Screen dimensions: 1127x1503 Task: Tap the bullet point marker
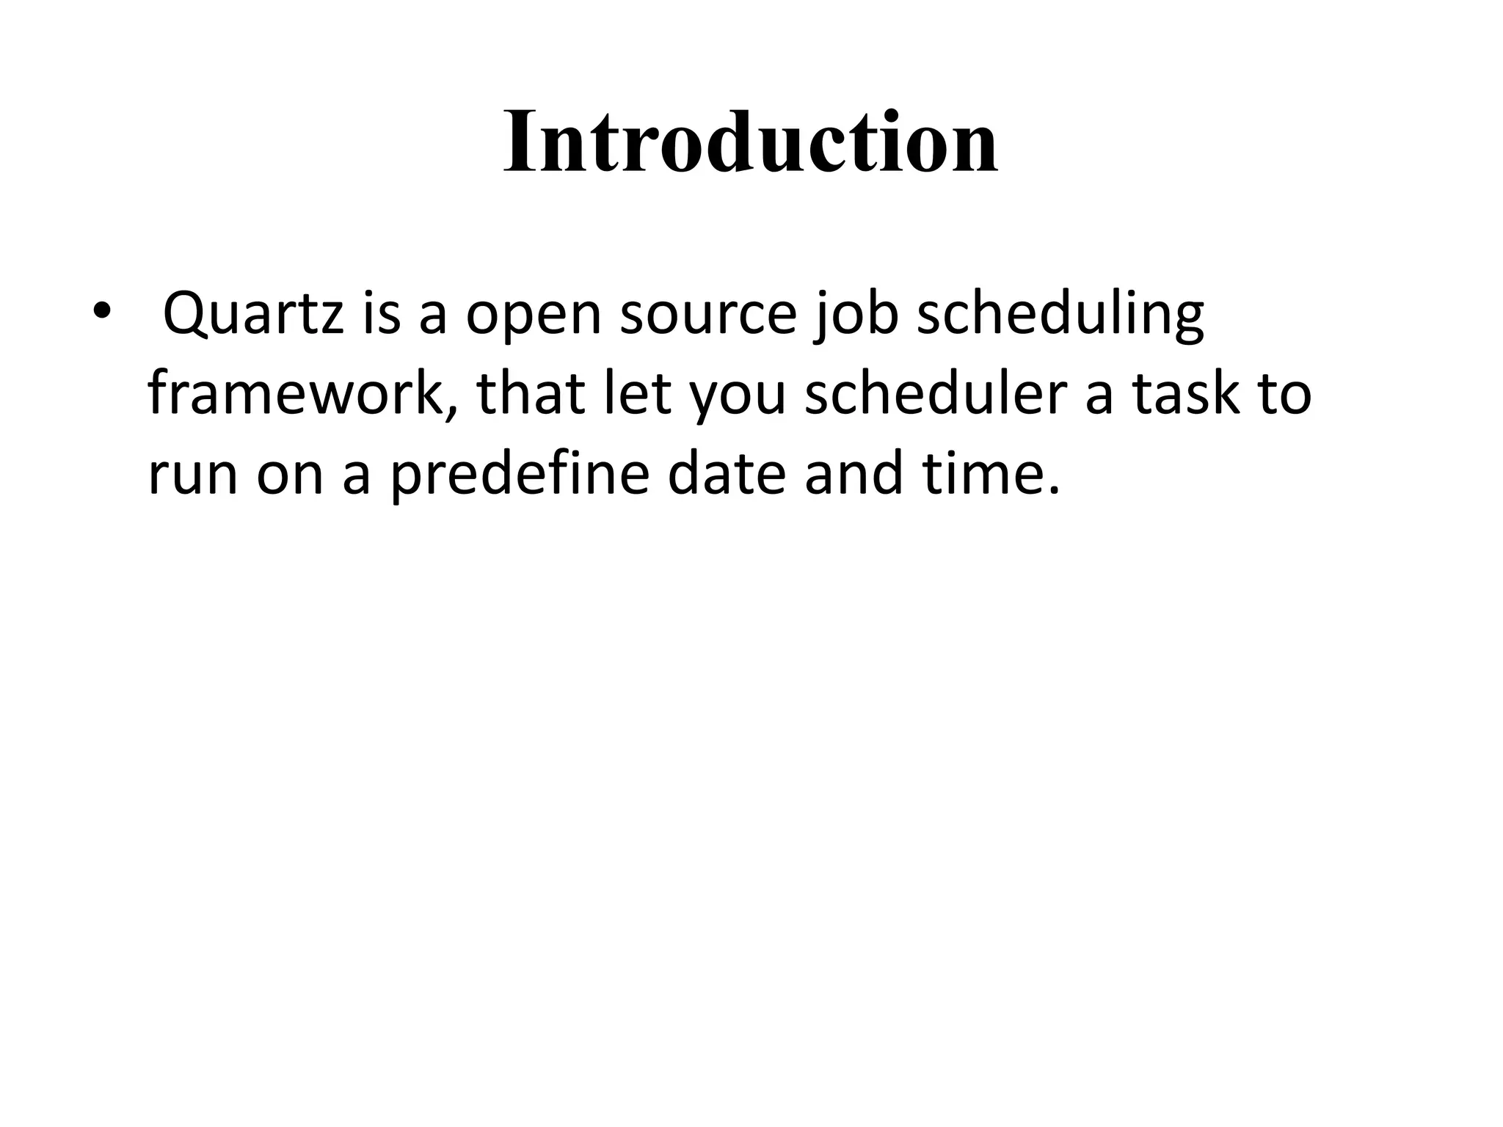coord(101,312)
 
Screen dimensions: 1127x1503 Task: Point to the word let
coord(636,394)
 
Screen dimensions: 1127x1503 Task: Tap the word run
coord(193,473)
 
